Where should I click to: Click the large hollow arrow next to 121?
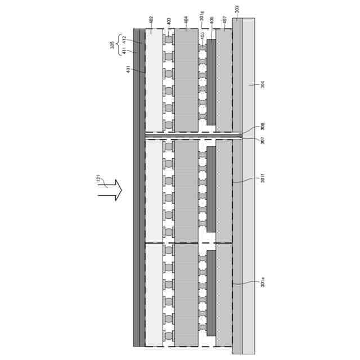tap(110, 190)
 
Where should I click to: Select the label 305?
tap(112, 45)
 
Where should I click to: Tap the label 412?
tap(124, 40)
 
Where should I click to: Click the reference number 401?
tap(128, 69)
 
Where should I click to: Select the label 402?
tap(151, 20)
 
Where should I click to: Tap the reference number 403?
tap(169, 21)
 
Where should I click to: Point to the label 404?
tap(186, 20)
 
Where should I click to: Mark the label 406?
tap(211, 20)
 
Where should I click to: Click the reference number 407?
tap(224, 20)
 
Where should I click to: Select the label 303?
tap(237, 9)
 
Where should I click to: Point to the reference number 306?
tap(263, 127)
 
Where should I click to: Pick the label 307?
tap(263, 141)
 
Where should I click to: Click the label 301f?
tap(263, 179)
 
